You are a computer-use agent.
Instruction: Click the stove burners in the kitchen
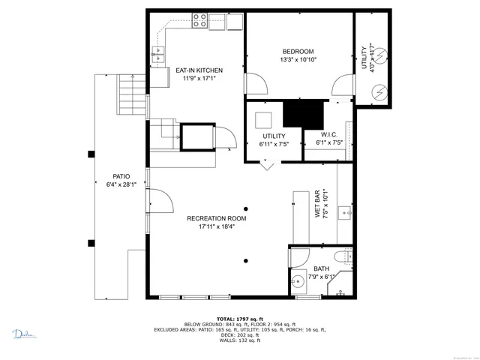click(x=200, y=21)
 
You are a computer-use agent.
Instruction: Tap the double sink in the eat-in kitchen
click(x=159, y=53)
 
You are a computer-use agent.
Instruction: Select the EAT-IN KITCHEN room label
click(x=199, y=70)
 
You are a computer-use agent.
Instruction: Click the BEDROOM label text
click(x=298, y=51)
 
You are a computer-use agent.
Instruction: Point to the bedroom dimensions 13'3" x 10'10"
click(x=298, y=59)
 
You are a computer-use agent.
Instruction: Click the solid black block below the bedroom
click(x=302, y=114)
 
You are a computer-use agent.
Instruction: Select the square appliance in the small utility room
click(x=264, y=120)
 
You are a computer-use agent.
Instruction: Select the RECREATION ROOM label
click(x=217, y=218)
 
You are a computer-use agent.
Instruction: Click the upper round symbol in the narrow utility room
click(x=379, y=55)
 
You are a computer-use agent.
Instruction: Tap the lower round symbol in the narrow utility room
click(x=379, y=91)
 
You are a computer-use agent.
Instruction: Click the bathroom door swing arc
click(x=298, y=256)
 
